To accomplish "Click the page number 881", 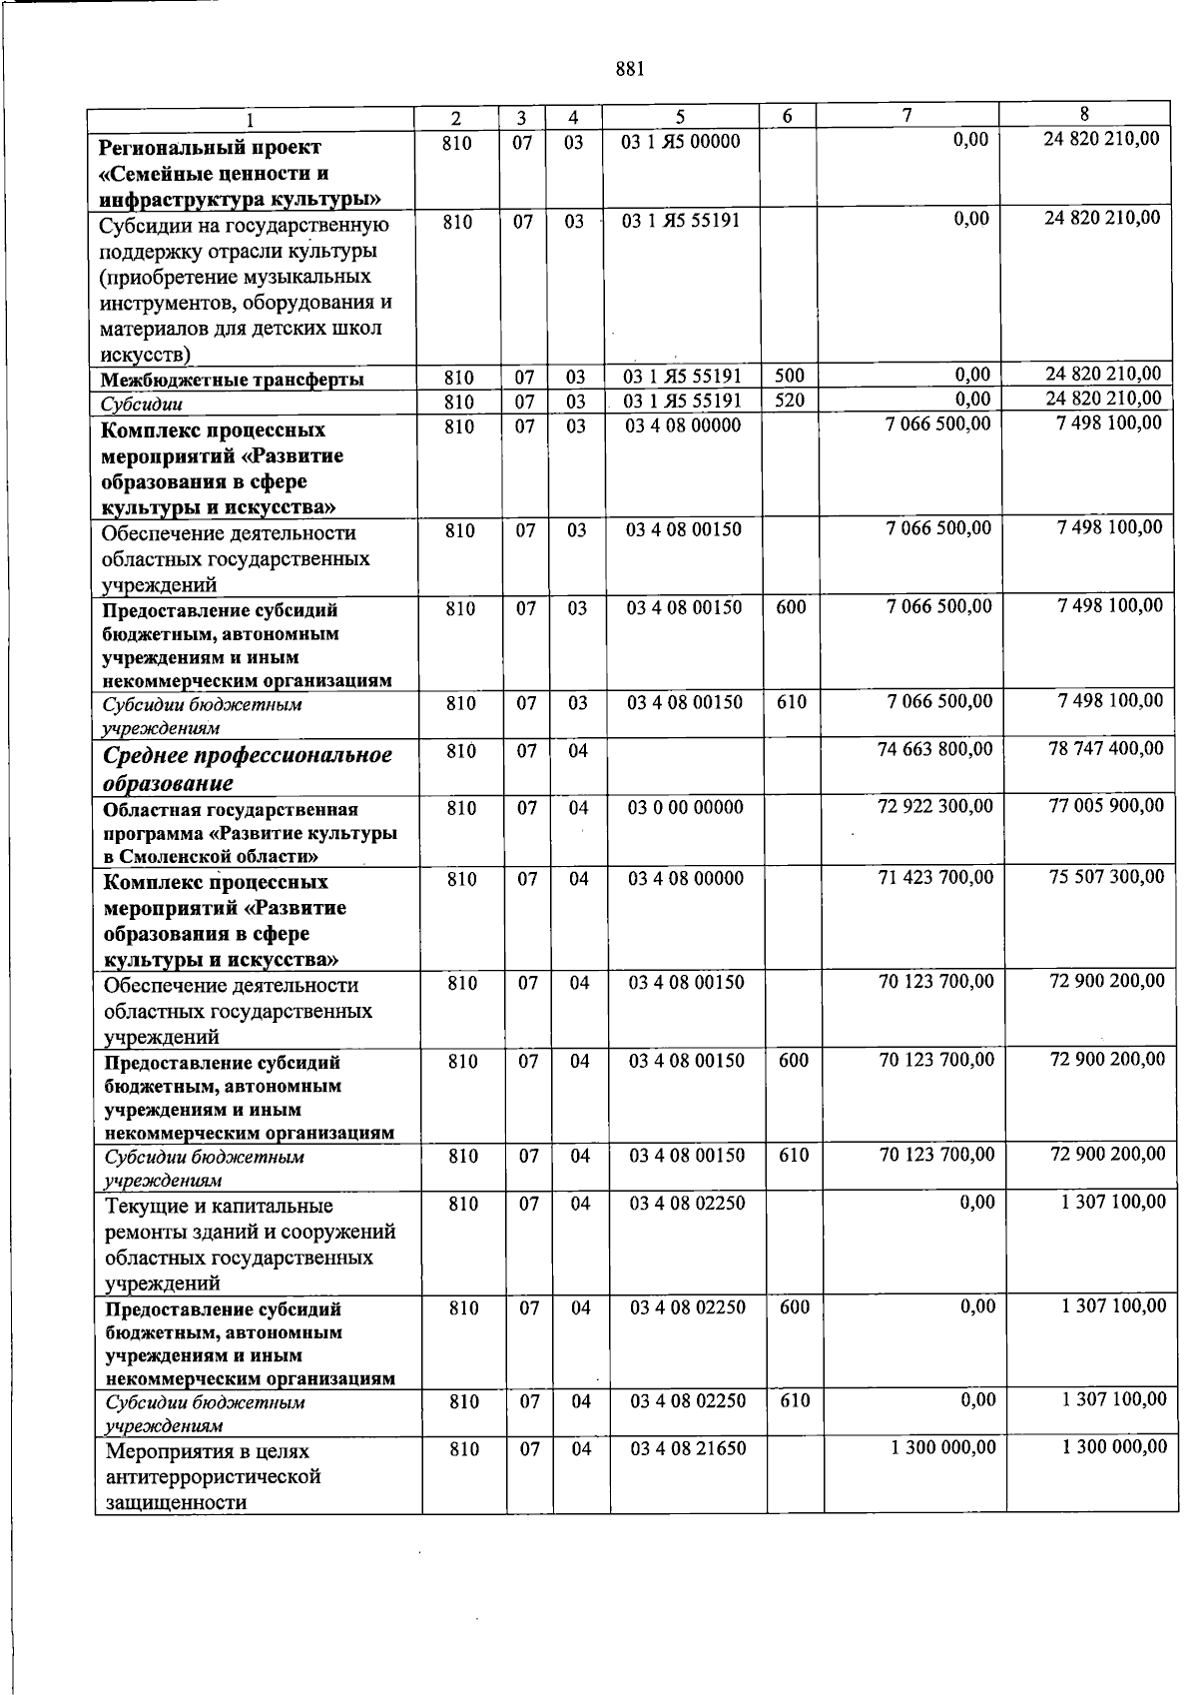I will pos(630,69).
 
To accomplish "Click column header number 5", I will pos(680,117).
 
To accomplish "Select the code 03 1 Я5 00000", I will pos(680,142).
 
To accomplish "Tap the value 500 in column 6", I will pos(790,376).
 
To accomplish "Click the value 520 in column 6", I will pos(790,400).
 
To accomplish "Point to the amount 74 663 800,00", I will pos(934,749).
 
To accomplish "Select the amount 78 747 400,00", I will pos(1105,748).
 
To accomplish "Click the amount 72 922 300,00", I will pos(934,806).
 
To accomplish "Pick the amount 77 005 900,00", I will pos(1105,805).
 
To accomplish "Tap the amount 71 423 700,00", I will pos(935,878).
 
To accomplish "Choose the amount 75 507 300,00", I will pos(1106,877).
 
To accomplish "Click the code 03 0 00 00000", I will pos(685,807).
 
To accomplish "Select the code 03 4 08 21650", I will pos(688,1448).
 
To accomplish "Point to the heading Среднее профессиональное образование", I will pos(248,768).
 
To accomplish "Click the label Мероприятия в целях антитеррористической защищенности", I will pos(213,1476).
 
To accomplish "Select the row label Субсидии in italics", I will pos(141,405).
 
